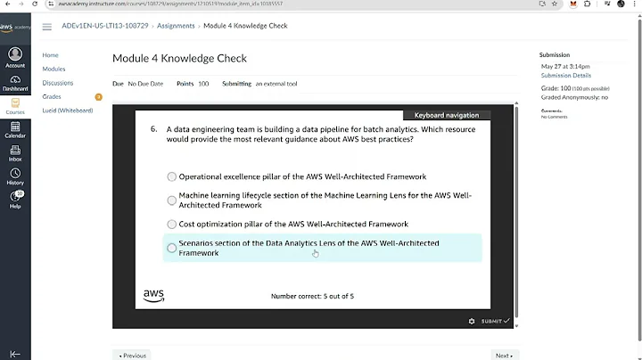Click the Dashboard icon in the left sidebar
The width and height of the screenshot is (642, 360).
click(15, 81)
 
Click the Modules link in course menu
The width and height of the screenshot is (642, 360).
click(53, 69)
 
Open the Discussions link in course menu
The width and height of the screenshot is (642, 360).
click(58, 83)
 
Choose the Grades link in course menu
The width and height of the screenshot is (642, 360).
click(52, 96)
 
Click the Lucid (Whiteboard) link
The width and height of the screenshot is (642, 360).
click(68, 110)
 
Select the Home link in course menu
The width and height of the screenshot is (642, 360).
click(50, 55)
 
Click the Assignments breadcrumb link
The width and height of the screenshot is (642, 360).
click(176, 26)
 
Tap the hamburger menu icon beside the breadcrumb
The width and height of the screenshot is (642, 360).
click(46, 27)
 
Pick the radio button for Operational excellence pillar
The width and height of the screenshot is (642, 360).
click(172, 176)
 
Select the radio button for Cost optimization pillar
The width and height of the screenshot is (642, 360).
click(172, 225)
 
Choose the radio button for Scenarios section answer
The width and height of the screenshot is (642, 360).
click(172, 248)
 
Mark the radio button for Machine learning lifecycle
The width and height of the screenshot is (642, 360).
click(172, 200)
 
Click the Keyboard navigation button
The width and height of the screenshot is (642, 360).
click(446, 115)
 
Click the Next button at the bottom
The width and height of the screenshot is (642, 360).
click(504, 355)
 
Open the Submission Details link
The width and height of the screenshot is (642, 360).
click(565, 76)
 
